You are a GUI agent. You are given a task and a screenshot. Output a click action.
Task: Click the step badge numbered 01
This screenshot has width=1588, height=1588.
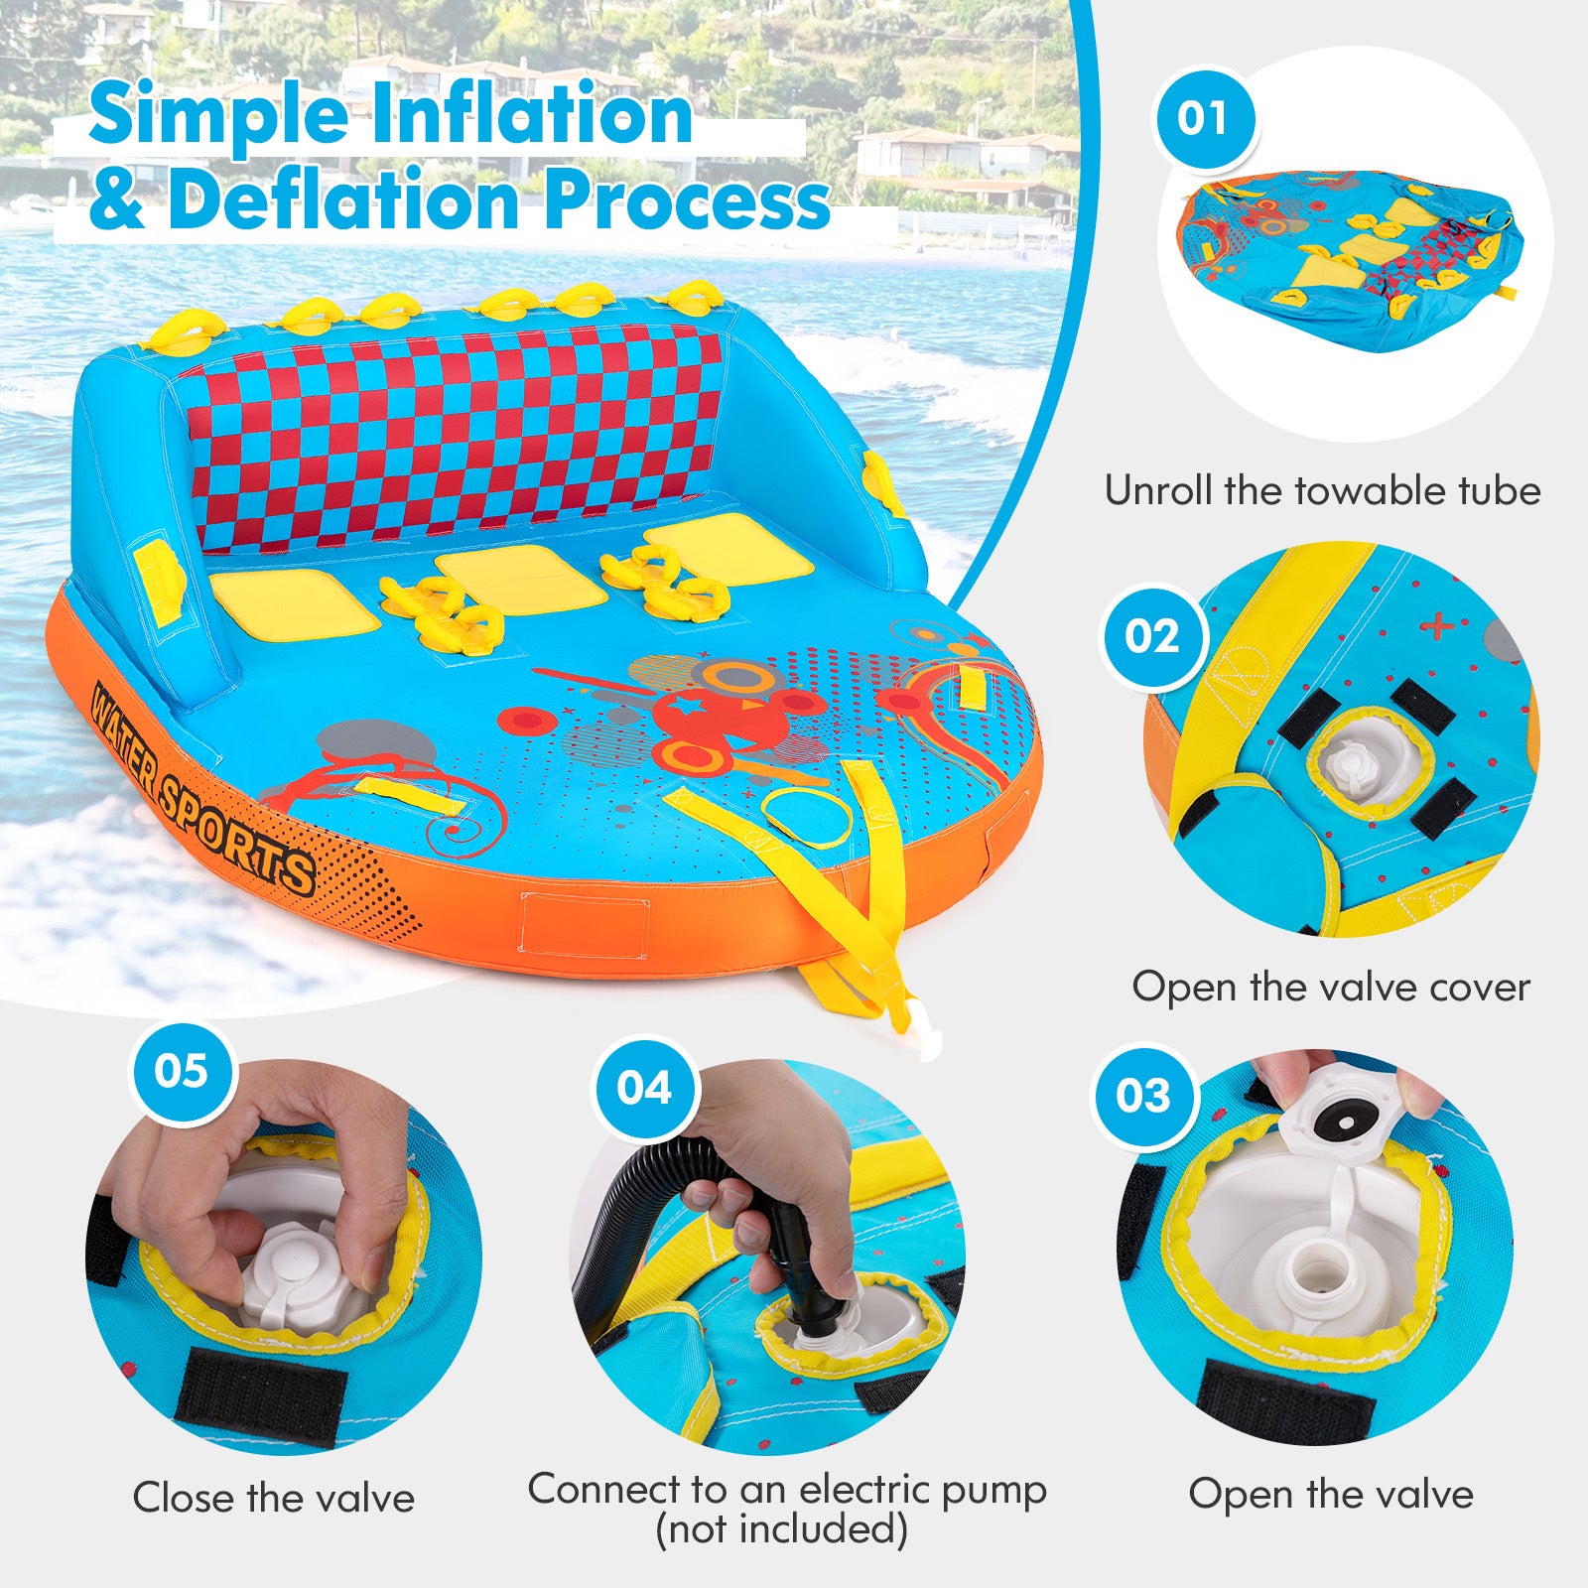(x=1203, y=119)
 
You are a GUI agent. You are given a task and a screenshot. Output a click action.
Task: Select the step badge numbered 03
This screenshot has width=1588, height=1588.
(x=1144, y=1096)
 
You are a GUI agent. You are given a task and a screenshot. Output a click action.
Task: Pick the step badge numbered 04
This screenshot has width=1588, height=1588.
(x=644, y=1088)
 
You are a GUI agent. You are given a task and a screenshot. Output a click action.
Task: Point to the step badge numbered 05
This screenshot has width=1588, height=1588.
(x=183, y=1071)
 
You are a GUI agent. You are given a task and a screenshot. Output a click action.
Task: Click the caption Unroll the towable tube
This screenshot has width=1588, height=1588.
(x=1322, y=491)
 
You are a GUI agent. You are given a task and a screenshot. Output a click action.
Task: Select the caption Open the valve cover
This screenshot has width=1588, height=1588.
(x=1331, y=987)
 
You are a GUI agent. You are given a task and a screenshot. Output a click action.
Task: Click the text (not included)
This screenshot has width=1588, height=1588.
(x=782, y=1529)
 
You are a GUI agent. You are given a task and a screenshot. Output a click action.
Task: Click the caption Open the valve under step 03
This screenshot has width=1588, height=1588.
(x=1330, y=1494)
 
